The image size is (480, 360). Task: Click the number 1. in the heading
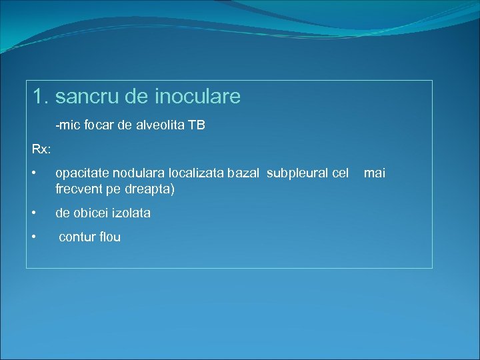pyautogui.click(x=41, y=97)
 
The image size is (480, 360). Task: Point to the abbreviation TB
pyautogui.click(x=197, y=125)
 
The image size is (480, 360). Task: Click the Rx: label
pyautogui.click(x=41, y=147)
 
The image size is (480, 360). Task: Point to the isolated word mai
pyautogui.click(x=374, y=173)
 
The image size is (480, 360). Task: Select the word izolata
pyautogui.click(x=133, y=213)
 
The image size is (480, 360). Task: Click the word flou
pyautogui.click(x=109, y=237)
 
